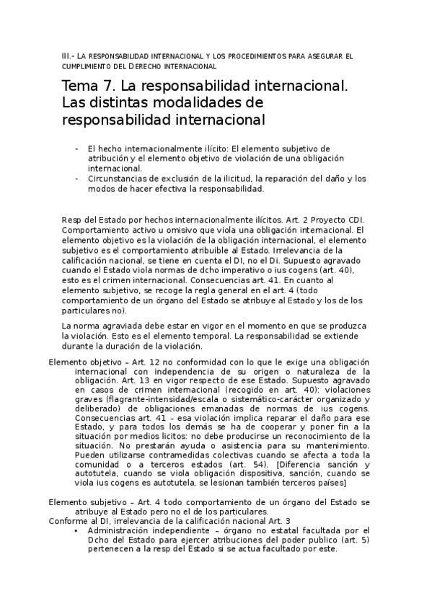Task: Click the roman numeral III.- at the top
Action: (69, 56)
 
